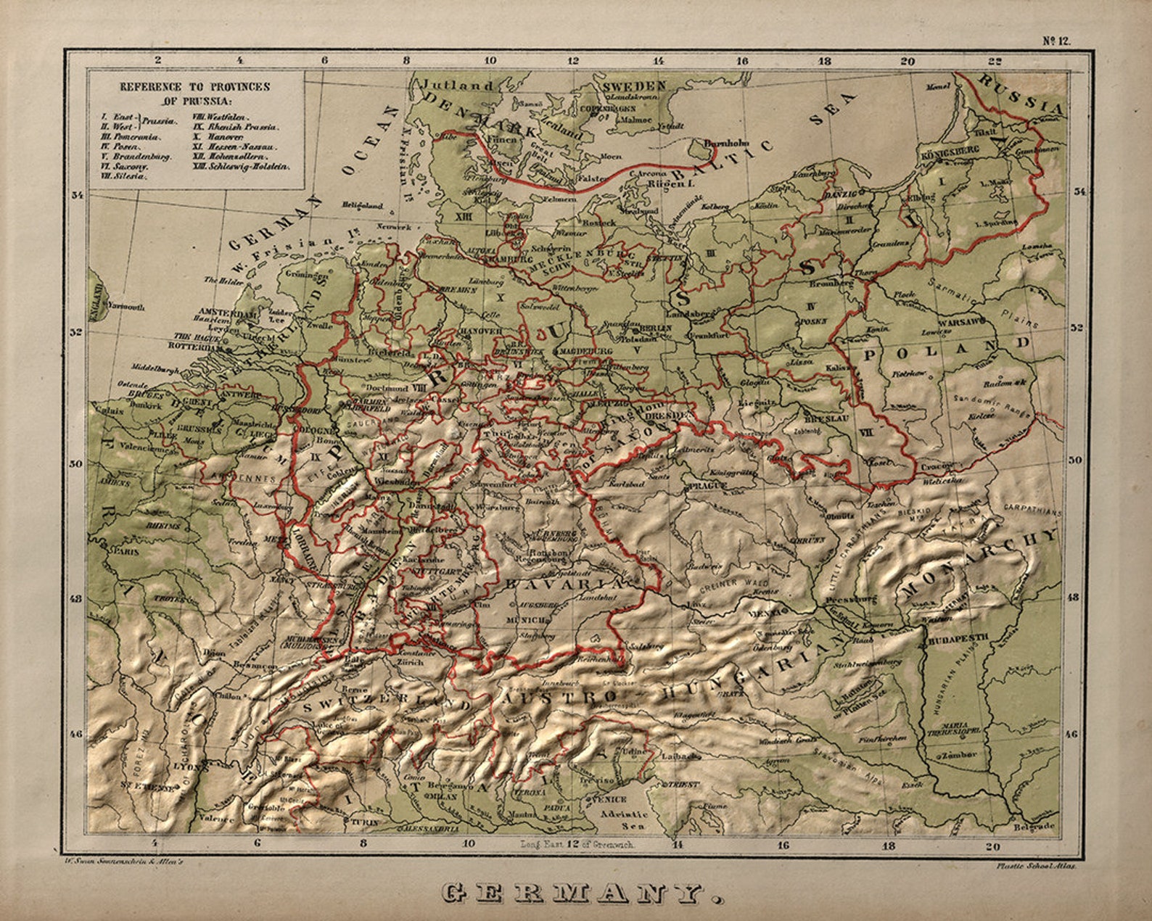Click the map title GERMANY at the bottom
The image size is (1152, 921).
coord(583,893)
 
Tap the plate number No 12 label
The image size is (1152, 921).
coord(1056,41)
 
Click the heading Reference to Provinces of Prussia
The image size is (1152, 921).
coord(194,93)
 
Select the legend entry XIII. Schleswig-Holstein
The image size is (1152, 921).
coord(240,166)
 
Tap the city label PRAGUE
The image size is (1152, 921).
coord(708,484)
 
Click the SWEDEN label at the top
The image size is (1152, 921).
coord(634,86)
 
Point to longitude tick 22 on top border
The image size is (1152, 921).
coord(994,61)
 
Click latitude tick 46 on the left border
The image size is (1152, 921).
coord(75,734)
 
